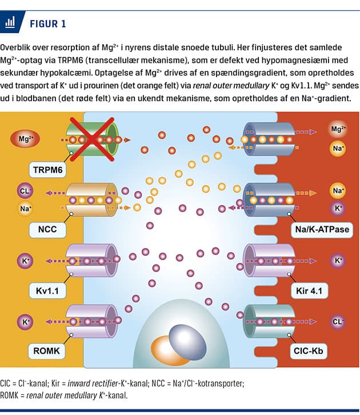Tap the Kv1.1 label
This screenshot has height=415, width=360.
[x=49, y=290]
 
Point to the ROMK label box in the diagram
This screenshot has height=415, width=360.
[x=49, y=349]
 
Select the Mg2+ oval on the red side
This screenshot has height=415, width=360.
[x=338, y=130]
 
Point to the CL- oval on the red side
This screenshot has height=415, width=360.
[x=338, y=321]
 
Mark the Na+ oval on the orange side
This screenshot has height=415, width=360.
[x=25, y=209]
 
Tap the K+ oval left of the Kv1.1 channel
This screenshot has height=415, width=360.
[x=25, y=260]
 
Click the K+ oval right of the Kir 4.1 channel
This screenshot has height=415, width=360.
[x=338, y=261]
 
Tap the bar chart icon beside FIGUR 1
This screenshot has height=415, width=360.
[x=10, y=23]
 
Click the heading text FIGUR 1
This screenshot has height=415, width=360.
[x=47, y=23]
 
